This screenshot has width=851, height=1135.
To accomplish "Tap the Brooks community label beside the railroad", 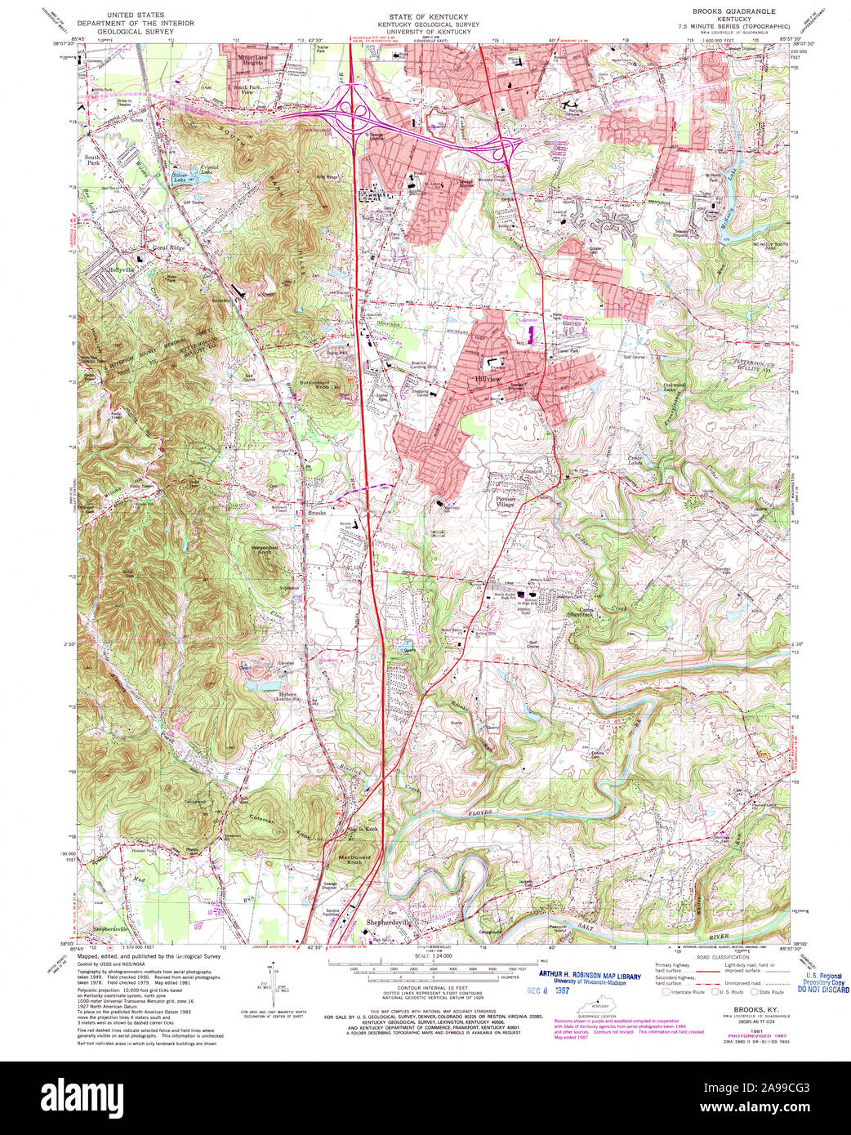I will tap(316, 514).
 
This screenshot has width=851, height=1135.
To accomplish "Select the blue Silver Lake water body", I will tap(180, 175).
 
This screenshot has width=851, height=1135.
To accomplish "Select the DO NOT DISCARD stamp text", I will tap(823, 989).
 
